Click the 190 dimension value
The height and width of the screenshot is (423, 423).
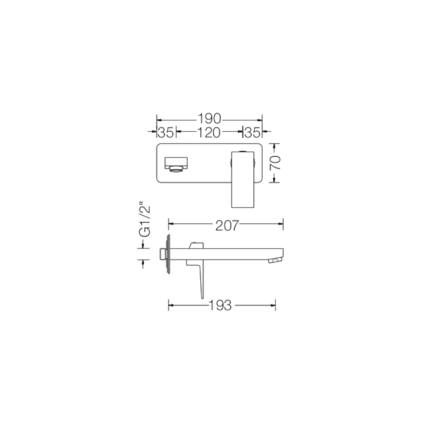coord(209,119)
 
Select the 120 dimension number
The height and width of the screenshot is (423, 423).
coord(209,132)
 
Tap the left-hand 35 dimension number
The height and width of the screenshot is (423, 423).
coord(166,132)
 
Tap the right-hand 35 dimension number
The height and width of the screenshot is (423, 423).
coord(252,132)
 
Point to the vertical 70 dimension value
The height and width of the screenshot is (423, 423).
coord(275,163)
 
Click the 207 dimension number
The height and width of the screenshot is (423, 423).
coord(227,226)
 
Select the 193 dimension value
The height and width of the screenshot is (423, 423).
coord(220,305)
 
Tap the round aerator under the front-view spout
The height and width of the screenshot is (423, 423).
coord(176,169)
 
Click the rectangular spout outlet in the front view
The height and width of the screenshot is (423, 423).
coord(176,163)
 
